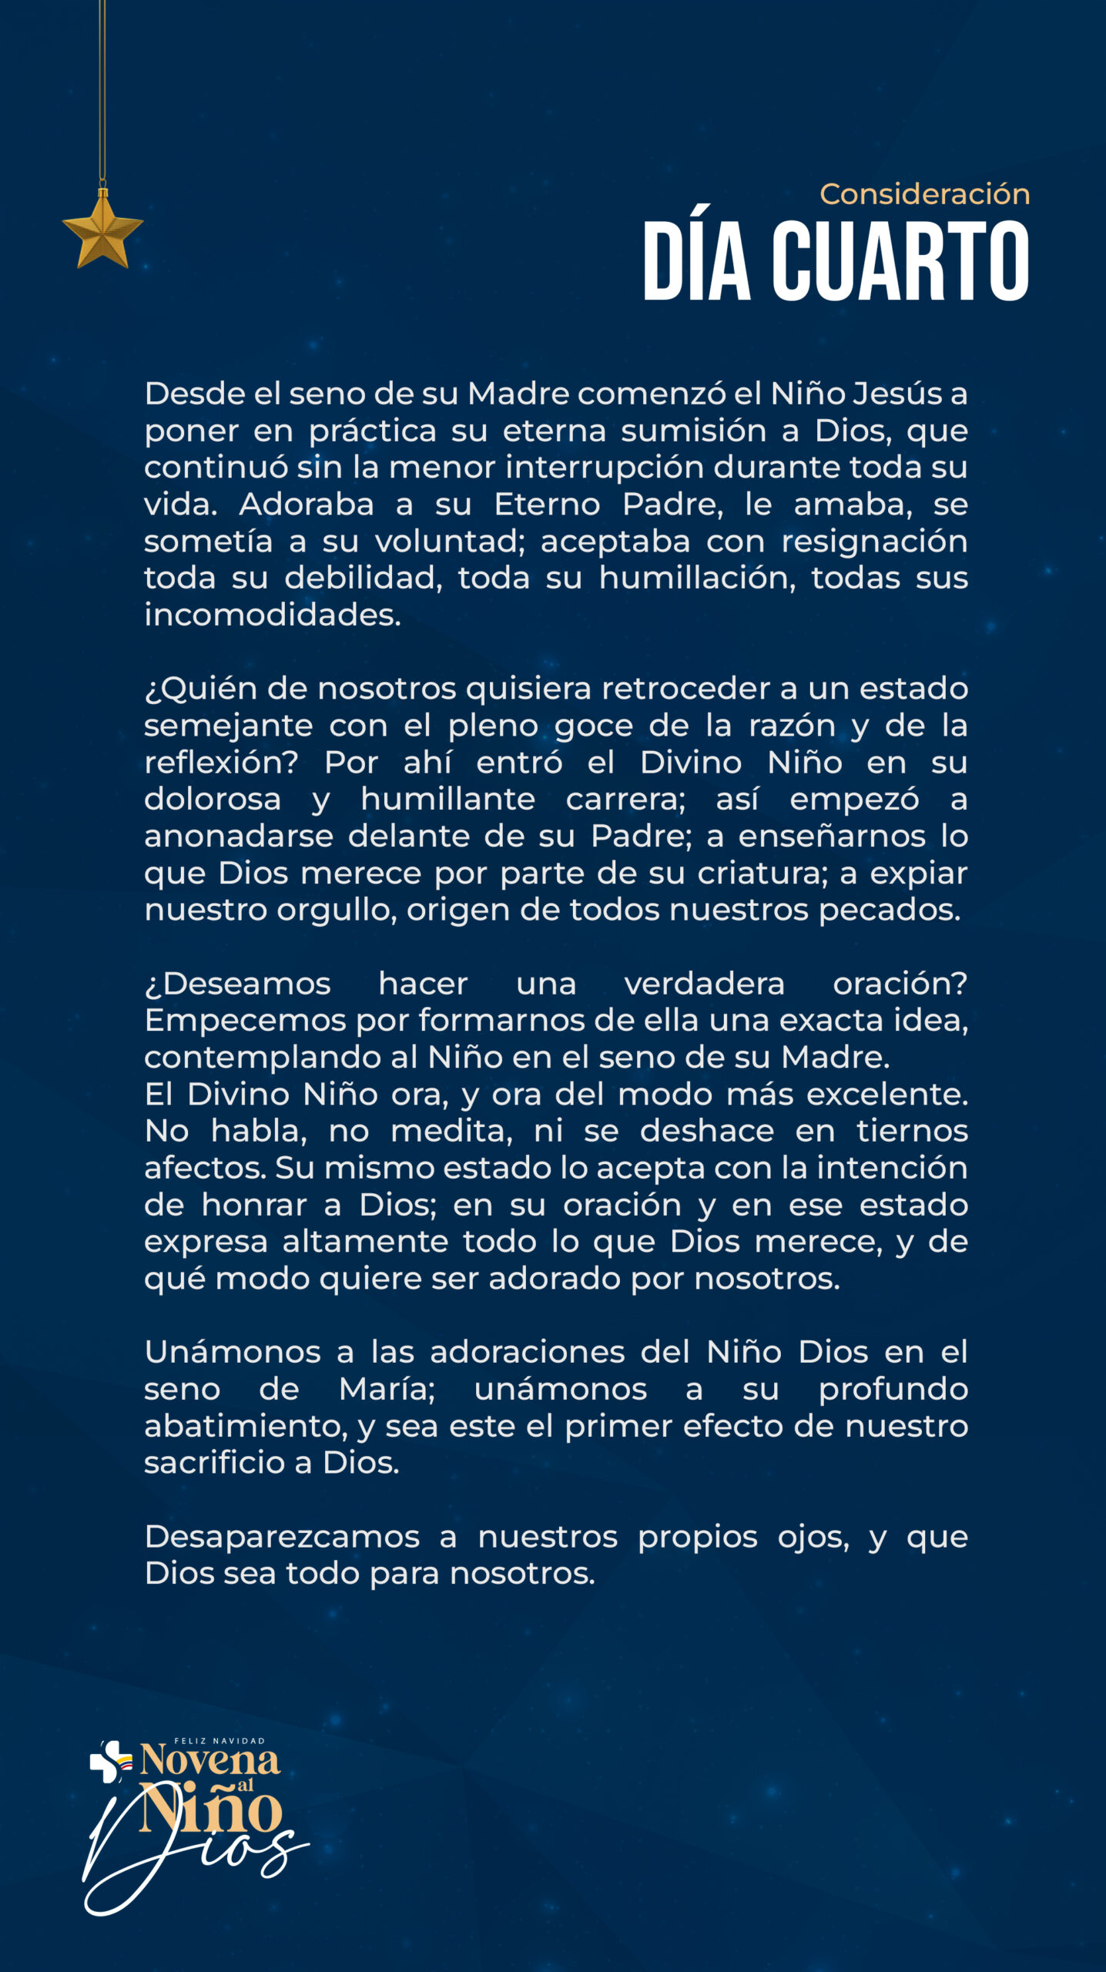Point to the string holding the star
102,92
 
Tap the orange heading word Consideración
924,194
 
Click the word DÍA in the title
696,261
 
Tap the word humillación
697,578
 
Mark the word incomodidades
273,615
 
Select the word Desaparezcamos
282,1538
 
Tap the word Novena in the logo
209,1760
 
